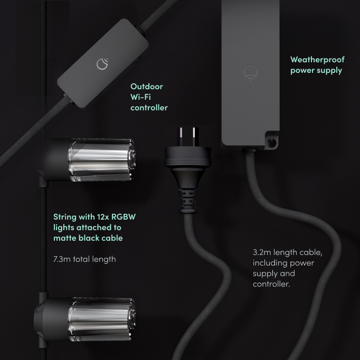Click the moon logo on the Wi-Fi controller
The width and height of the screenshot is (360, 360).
pyautogui.click(x=102, y=64)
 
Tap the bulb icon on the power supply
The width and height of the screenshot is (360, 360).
pyautogui.click(x=250, y=73)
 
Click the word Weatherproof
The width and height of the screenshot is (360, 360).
pyautogui.click(x=317, y=60)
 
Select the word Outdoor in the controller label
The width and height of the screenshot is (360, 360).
pyautogui.click(x=147, y=87)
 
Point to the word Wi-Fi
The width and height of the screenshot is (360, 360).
pyautogui.click(x=140, y=97)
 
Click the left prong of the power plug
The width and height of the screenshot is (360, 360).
pyautogui.click(x=181, y=137)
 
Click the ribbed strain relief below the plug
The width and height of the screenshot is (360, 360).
pyautogui.click(x=188, y=200)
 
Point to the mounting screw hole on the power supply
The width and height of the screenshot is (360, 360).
pyautogui.click(x=272, y=143)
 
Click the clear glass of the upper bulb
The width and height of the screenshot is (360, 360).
pyautogui.click(x=101, y=159)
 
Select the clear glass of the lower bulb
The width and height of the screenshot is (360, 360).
pyautogui.click(x=101, y=319)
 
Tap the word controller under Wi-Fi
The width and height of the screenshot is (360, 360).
pyautogui.click(x=149, y=108)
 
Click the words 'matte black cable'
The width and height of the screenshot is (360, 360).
pyautogui.click(x=88, y=238)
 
